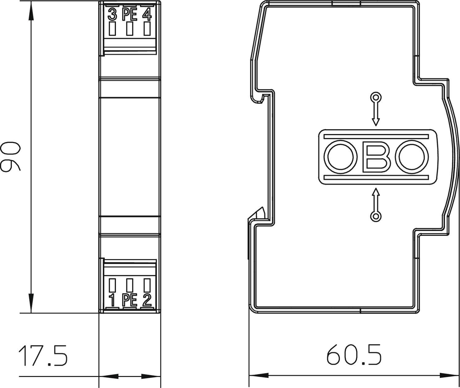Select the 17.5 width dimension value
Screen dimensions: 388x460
click(43, 356)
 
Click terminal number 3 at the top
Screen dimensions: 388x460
click(113, 14)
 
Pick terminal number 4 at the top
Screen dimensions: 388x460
click(147, 14)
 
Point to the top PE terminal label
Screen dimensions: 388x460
click(130, 14)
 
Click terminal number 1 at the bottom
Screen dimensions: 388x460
click(112, 300)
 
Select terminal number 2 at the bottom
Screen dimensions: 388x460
click(147, 300)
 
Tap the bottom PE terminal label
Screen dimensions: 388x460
click(130, 300)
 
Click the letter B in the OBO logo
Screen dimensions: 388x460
click(376, 157)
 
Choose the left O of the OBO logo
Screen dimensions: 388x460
click(340, 157)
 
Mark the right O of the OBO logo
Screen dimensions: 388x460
click(412, 157)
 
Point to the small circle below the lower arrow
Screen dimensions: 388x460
click(376, 217)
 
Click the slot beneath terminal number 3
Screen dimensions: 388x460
click(113, 29)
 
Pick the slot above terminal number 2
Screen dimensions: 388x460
click(147, 285)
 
